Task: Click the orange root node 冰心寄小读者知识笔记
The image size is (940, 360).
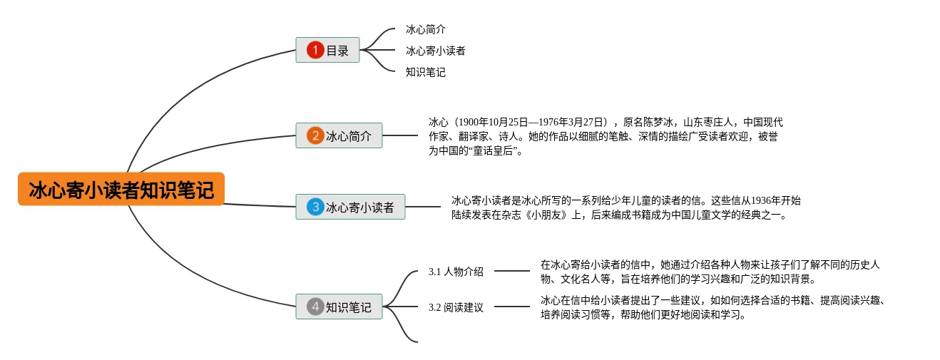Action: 121,190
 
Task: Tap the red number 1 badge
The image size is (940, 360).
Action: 315,50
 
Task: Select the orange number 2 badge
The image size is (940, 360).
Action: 315,135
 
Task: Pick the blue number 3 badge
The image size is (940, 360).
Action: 315,207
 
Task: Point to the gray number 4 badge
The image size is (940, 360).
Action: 315,307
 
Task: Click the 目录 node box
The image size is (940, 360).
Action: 328,50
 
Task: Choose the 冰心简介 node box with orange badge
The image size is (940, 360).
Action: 339,135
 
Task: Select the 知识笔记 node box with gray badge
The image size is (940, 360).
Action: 339,307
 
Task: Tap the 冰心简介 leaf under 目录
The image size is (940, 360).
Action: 426,29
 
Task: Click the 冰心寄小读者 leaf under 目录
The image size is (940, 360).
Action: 436,51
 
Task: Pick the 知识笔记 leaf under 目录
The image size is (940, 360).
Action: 426,72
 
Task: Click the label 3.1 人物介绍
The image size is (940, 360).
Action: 456,272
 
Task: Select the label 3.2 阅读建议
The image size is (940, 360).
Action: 456,308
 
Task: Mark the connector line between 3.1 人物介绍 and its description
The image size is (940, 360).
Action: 512,271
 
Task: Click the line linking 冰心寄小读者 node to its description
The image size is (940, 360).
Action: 423,207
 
